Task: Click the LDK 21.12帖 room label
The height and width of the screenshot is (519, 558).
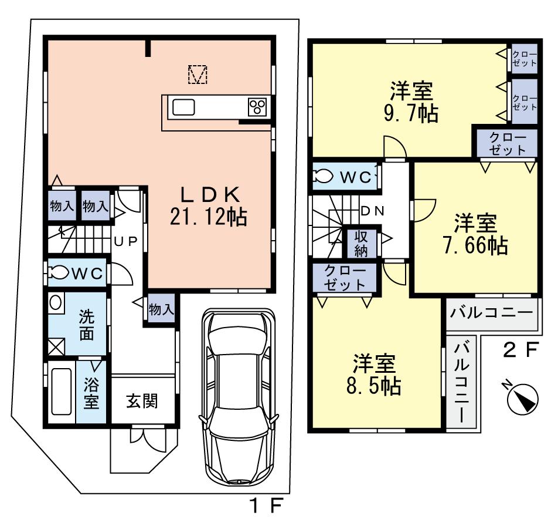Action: [x=208, y=207]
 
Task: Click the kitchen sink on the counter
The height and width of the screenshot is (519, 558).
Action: [x=183, y=107]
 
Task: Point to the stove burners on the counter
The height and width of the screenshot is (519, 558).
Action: [x=257, y=107]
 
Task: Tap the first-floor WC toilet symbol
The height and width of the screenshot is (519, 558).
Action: [x=59, y=272]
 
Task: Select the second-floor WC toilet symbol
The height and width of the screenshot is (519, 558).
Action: [x=322, y=177]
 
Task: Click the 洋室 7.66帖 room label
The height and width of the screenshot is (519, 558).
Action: [x=475, y=234]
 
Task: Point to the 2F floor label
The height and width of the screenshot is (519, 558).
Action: [x=521, y=351]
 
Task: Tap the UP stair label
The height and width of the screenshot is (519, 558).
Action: [x=125, y=241]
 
